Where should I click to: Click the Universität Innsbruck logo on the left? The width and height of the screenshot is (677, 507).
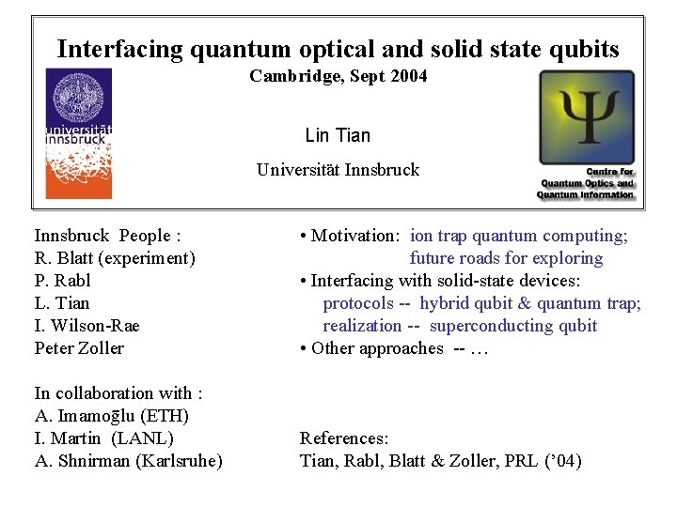(x=78, y=132)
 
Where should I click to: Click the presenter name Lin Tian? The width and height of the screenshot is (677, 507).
(x=338, y=135)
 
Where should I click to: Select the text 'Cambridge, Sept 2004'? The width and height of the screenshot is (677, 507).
(x=338, y=76)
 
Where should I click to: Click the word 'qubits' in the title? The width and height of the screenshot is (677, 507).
(x=585, y=49)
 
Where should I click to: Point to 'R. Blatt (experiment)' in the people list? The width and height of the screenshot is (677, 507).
(x=114, y=258)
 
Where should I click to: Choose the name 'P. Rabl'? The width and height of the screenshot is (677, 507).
(x=62, y=281)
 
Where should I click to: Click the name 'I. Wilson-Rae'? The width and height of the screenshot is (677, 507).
(x=87, y=326)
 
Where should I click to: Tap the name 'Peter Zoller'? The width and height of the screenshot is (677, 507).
(x=79, y=348)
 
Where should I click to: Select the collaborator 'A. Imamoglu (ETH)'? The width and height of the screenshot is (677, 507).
(x=111, y=416)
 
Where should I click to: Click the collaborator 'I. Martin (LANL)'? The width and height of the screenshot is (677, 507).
(x=103, y=438)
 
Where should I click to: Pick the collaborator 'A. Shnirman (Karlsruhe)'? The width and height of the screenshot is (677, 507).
(x=128, y=461)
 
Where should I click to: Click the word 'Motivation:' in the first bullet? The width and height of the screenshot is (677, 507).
(x=354, y=236)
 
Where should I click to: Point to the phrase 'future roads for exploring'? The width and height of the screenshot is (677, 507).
(x=506, y=258)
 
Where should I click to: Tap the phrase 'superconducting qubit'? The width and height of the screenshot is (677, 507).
(x=513, y=326)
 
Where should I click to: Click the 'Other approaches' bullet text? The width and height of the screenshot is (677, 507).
(x=376, y=348)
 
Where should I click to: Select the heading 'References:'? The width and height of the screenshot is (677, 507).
(x=344, y=438)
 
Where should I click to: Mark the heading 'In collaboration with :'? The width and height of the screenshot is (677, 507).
(x=118, y=393)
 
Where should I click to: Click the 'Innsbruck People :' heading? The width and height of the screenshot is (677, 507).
(x=107, y=236)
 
